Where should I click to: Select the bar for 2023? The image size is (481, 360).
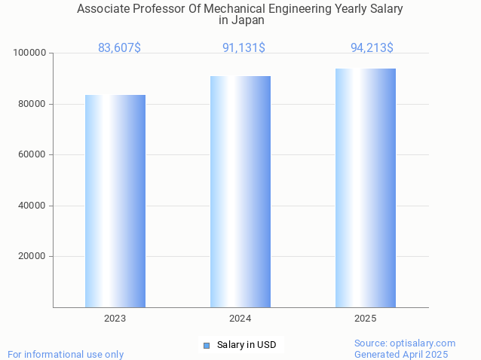pos(115,201)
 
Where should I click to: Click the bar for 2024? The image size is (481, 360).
pos(240,191)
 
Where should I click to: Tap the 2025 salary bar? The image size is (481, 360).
pos(366,188)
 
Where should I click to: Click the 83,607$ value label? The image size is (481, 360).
pos(119,48)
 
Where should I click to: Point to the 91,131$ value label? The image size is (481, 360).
pos(244,48)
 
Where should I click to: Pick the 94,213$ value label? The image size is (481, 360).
pos(372,48)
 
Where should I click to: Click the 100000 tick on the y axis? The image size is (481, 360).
pos(30,53)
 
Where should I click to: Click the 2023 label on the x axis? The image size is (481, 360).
pos(115,319)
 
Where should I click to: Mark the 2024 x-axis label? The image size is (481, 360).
pos(240,319)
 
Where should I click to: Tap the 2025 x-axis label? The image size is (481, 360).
pos(366,319)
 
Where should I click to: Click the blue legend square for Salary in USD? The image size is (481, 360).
pos(206,346)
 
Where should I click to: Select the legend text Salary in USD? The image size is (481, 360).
pos(247,346)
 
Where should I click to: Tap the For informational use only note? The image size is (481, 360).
pos(66,354)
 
